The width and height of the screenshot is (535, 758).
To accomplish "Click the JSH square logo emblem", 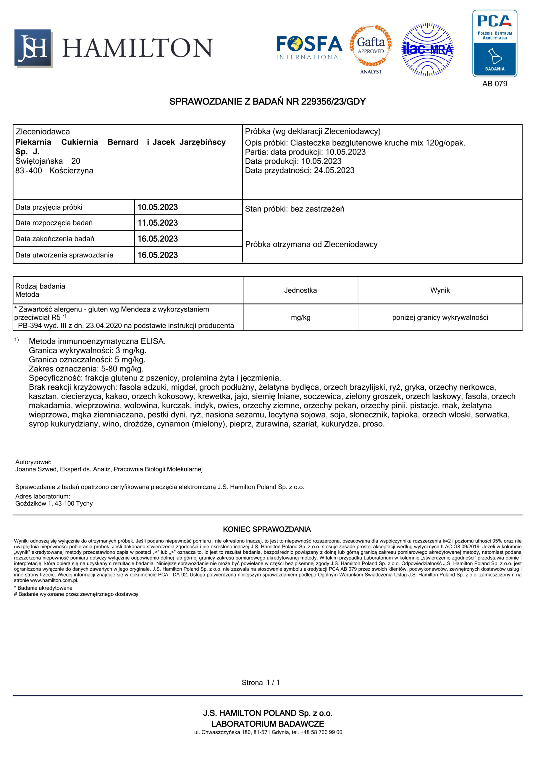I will [x=33, y=48].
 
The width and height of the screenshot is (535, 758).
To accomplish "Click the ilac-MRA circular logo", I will [x=427, y=49].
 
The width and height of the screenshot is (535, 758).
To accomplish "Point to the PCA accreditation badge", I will [x=494, y=43].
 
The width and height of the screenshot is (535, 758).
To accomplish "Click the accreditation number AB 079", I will [x=494, y=84].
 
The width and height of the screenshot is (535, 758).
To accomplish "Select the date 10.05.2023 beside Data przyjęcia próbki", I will [x=157, y=207].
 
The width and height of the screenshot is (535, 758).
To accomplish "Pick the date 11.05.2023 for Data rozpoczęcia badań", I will [x=157, y=223].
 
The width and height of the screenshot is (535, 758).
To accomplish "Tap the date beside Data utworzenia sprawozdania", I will [x=157, y=255].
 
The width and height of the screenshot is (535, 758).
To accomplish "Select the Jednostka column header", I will [x=300, y=290].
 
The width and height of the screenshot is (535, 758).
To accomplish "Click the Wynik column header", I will [x=440, y=290].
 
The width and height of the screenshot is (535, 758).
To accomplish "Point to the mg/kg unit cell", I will [x=300, y=317].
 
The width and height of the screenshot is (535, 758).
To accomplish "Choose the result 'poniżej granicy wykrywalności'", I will [x=440, y=317].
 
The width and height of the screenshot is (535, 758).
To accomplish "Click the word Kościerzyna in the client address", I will [x=71, y=171].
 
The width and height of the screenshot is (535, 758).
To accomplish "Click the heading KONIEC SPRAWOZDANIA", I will [x=267, y=529].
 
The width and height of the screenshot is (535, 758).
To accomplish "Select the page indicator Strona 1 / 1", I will [x=261, y=682].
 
